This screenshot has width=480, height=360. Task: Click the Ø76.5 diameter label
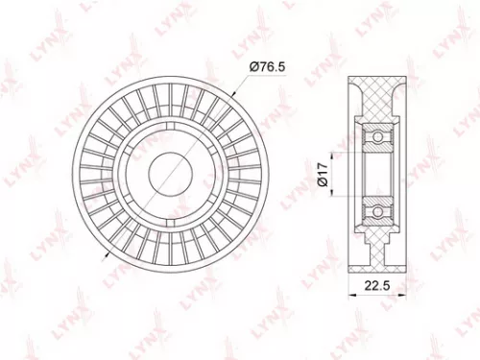[x=266, y=66]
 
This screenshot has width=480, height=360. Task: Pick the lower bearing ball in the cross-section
[x=377, y=205]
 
